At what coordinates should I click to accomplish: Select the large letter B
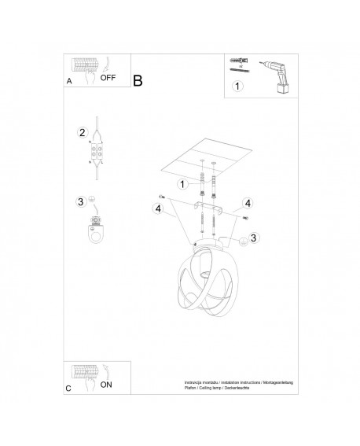pos(138,80)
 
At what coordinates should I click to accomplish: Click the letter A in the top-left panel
pos(69,79)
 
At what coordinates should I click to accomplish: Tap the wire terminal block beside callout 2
pos(98,152)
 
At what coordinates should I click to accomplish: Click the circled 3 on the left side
pos(80,202)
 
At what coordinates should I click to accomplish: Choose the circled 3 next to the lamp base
pos(253,238)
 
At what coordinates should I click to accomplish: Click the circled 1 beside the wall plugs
pos(181,184)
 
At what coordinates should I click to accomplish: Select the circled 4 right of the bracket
pos(247,202)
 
